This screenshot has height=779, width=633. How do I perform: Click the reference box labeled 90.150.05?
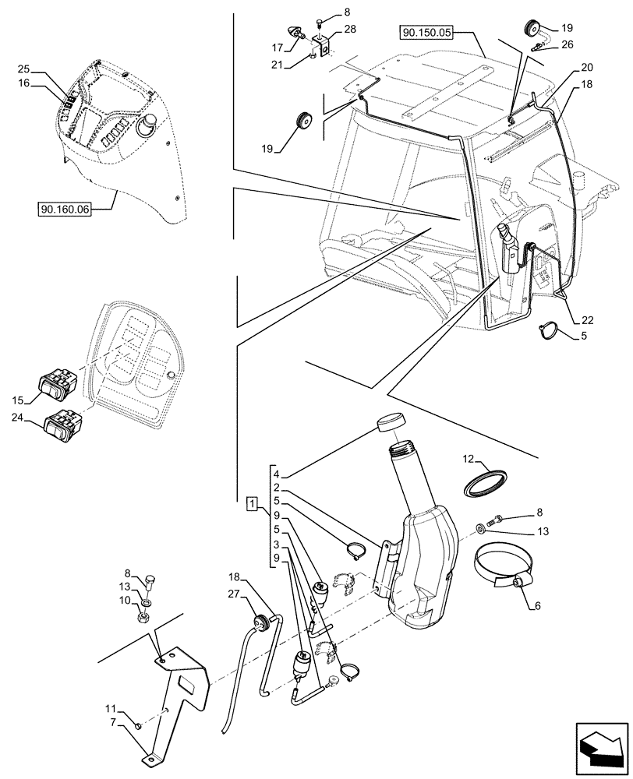click(x=426, y=33)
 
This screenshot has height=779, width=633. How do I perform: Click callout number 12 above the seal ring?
click(x=469, y=458)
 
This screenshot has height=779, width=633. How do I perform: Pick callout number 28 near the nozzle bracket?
click(x=349, y=29)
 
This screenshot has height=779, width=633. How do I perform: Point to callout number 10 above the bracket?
click(x=126, y=600)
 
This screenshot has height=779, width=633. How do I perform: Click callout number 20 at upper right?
click(x=585, y=68)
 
